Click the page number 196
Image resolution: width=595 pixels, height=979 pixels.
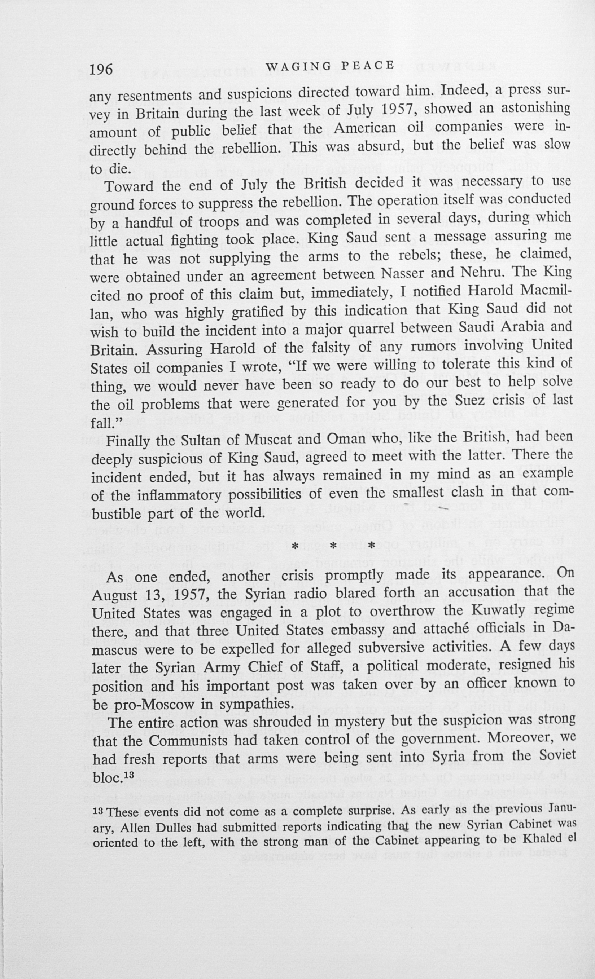point(101,70)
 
